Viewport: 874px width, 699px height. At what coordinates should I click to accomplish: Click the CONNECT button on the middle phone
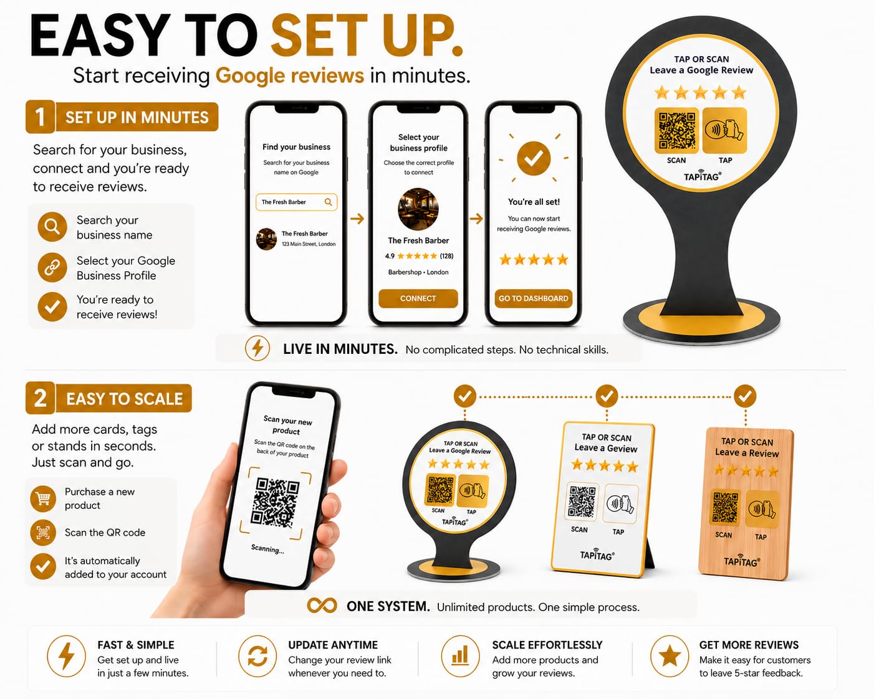tap(418, 298)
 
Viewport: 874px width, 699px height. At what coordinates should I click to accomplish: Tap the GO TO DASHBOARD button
tap(533, 298)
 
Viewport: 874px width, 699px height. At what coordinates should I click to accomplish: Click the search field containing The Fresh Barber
tap(297, 202)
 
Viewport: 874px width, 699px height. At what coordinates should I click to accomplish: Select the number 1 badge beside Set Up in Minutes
tap(40, 117)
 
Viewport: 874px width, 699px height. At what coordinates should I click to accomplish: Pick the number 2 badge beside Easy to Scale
tap(40, 398)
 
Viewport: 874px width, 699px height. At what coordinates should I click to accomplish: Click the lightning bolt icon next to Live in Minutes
tap(257, 348)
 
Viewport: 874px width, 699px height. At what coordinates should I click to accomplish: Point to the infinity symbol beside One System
tap(322, 606)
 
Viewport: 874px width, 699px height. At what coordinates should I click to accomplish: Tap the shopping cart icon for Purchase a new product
tap(43, 498)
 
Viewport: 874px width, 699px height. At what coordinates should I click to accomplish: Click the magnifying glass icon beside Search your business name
tap(52, 227)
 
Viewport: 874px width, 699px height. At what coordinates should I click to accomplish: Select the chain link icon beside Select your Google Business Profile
tap(52, 267)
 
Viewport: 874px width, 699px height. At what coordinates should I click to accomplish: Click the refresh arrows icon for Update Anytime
tap(257, 656)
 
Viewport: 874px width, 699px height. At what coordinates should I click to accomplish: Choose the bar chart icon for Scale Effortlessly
tap(460, 656)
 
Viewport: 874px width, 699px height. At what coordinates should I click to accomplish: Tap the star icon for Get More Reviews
tap(670, 656)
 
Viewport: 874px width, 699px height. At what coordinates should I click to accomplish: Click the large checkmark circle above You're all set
tap(533, 158)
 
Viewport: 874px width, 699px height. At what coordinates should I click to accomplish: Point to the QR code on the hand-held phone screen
tap(275, 503)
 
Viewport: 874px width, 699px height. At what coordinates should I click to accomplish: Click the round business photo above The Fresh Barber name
tap(418, 209)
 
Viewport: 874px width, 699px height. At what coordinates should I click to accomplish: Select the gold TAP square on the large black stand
tap(724, 130)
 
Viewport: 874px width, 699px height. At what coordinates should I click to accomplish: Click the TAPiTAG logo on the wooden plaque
tap(741, 561)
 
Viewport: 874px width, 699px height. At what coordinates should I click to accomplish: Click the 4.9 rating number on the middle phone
tap(390, 256)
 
